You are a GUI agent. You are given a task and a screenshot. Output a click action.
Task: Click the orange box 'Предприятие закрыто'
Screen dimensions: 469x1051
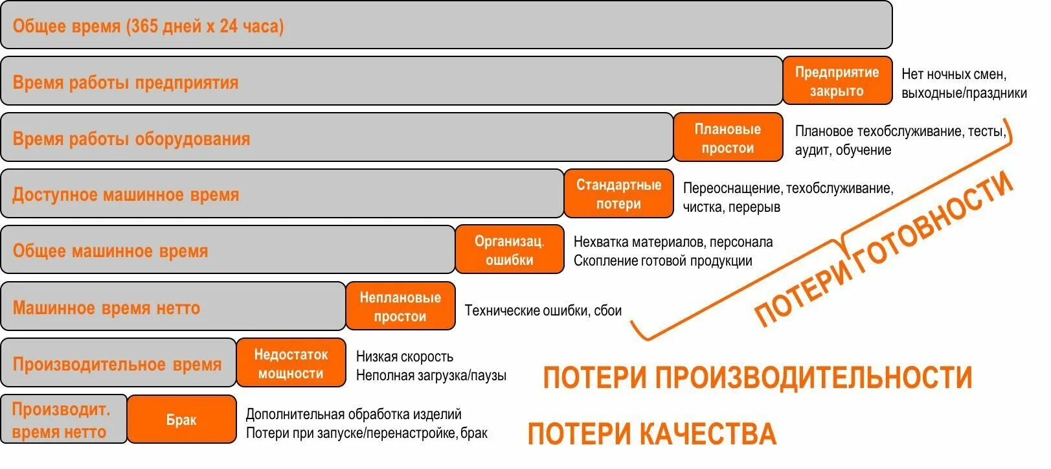(x=837, y=82)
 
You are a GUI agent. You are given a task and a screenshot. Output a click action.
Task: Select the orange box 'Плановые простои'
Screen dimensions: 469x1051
(x=727, y=138)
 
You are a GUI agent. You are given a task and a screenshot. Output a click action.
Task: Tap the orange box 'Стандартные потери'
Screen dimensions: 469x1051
(x=618, y=194)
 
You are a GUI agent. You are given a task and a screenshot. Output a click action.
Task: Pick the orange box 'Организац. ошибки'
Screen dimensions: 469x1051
(x=509, y=251)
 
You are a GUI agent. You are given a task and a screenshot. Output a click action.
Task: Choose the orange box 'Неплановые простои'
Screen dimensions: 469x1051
(x=400, y=307)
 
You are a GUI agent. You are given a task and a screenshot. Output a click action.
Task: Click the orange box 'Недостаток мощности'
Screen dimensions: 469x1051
(x=291, y=363)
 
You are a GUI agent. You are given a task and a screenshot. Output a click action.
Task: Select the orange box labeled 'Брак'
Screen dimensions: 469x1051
(x=181, y=420)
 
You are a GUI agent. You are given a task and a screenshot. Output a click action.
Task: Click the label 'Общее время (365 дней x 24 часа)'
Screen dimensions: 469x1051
(x=148, y=27)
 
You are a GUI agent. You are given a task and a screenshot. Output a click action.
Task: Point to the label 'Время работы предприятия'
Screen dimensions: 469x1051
(x=126, y=83)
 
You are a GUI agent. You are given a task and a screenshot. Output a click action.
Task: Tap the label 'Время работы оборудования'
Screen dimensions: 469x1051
(x=131, y=139)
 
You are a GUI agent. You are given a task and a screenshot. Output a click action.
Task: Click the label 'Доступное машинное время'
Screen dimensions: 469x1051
(x=126, y=195)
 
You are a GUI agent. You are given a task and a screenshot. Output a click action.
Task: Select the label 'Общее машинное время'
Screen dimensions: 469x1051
(x=110, y=251)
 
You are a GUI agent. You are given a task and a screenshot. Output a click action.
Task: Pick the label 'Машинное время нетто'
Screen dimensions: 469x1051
(x=106, y=308)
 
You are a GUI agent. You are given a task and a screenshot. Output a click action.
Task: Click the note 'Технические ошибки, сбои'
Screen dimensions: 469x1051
(x=543, y=310)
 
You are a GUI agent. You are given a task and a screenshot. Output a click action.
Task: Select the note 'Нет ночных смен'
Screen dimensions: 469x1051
(x=953, y=74)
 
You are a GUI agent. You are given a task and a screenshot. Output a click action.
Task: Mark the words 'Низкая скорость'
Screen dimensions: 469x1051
(x=405, y=356)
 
